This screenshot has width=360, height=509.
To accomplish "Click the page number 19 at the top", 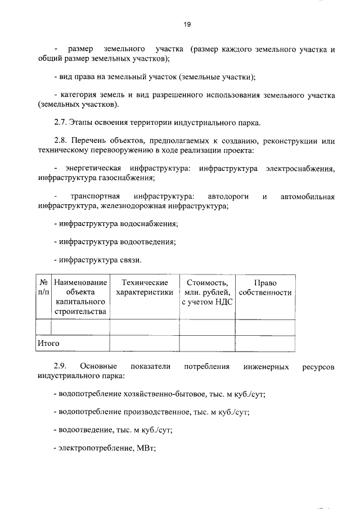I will pyautogui.click(x=187, y=24).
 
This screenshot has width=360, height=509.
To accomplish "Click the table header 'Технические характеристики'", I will pyautogui.click(x=144, y=287).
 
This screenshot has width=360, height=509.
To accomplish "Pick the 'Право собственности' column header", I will pyautogui.click(x=265, y=287).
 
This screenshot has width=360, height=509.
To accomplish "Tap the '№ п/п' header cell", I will pyautogui.click(x=43, y=287).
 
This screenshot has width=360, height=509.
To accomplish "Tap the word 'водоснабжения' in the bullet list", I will pyautogui.click(x=148, y=224).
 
